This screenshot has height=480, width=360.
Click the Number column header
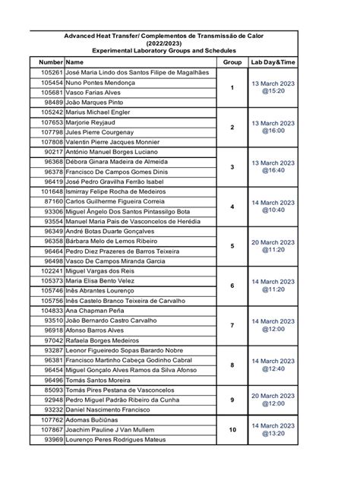click(51, 61)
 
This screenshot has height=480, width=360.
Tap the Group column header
click(232, 61)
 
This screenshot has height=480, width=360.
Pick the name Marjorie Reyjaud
click(95, 121)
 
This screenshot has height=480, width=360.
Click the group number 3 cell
click(232, 166)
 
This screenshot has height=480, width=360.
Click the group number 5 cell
click(232, 245)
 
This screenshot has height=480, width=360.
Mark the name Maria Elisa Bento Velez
click(106, 281)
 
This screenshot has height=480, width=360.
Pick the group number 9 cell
click(232, 399)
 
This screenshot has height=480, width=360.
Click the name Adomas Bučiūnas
click(93, 419)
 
